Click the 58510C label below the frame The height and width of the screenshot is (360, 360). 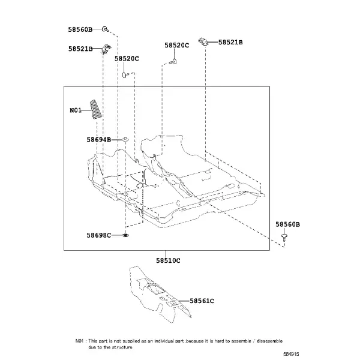click(168, 260)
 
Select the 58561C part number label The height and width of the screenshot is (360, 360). click(202, 301)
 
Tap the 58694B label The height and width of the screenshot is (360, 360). click(99, 140)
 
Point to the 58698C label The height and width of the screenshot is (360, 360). click(99, 235)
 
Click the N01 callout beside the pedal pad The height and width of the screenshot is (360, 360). click(76, 110)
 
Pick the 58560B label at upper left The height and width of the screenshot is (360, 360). click(80, 29)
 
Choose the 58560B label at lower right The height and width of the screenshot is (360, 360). click(287, 224)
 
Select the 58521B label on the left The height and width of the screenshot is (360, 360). click(80, 49)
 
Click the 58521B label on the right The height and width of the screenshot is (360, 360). click(230, 42)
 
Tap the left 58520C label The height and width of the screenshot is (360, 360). click(127, 59)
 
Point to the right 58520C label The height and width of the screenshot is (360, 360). click(177, 46)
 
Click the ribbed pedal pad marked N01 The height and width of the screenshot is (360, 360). click(95, 109)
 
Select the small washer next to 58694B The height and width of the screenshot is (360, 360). click(125, 139)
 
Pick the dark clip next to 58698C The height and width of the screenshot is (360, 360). click(125, 235)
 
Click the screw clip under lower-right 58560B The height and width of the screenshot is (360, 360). click(284, 237)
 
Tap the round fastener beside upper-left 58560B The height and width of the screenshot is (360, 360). click(104, 29)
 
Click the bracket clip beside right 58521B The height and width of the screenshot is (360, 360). click(203, 41)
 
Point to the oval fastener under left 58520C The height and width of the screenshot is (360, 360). click(124, 75)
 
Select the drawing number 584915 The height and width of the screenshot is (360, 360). click(291, 354)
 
